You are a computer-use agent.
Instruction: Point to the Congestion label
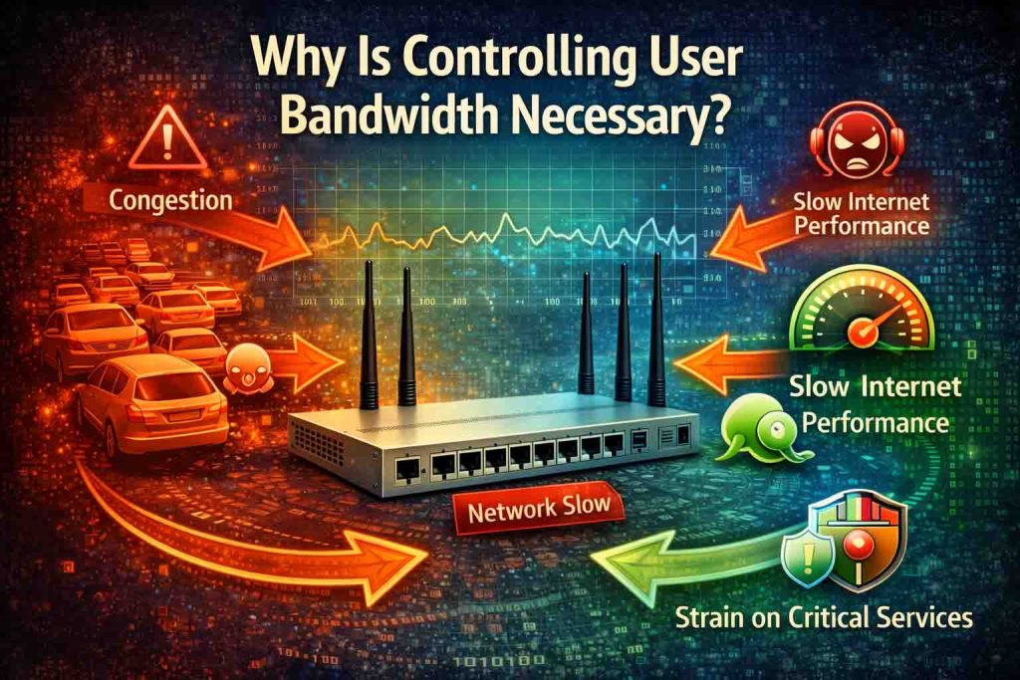click(170, 199)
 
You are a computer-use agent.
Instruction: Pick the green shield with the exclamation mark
click(807, 559)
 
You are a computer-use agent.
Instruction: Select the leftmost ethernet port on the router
click(407, 470)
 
